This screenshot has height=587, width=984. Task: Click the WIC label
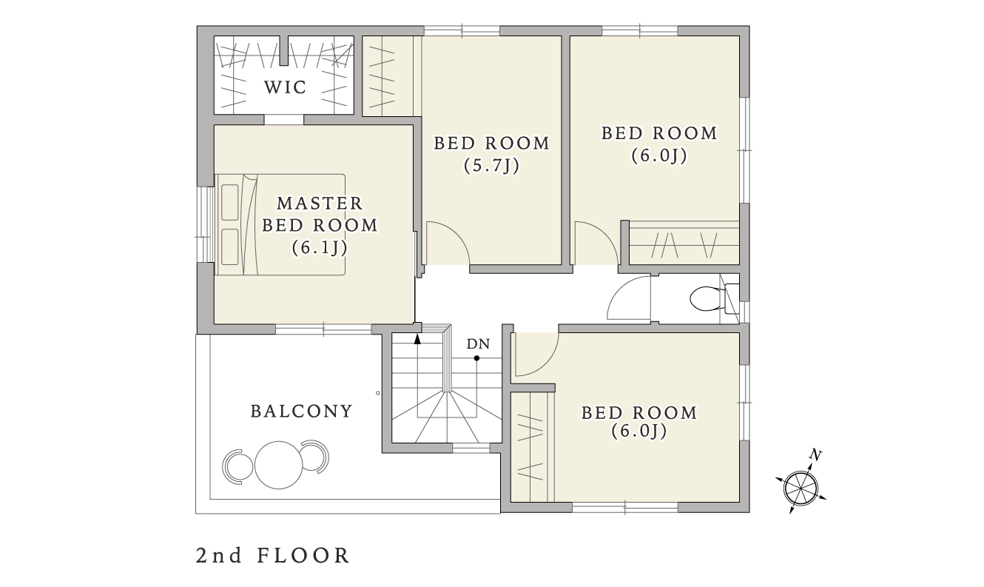(285, 87)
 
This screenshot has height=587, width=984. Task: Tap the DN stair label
(478, 344)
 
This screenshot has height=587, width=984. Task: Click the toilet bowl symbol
(707, 298)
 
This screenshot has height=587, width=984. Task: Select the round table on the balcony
(279, 465)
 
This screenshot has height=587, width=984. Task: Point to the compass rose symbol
(801, 488)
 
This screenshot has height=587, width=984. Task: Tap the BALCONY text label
(302, 412)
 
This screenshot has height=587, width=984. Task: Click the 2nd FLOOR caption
(273, 556)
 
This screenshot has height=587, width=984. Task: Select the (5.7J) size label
(492, 166)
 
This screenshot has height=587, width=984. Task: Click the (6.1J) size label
(320, 247)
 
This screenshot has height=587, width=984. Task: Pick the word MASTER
(320, 204)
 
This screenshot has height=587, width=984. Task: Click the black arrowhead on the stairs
(417, 339)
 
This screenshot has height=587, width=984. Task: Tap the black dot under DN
(476, 358)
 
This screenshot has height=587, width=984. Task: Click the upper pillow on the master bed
(230, 203)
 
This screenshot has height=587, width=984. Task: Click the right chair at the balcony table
(315, 457)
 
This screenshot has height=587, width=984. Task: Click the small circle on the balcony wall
(378, 393)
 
